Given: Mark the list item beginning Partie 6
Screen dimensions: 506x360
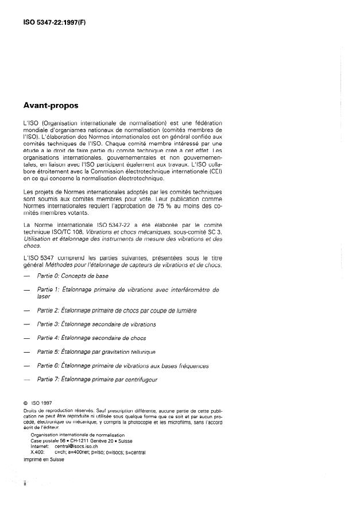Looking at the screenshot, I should point(122,365).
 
